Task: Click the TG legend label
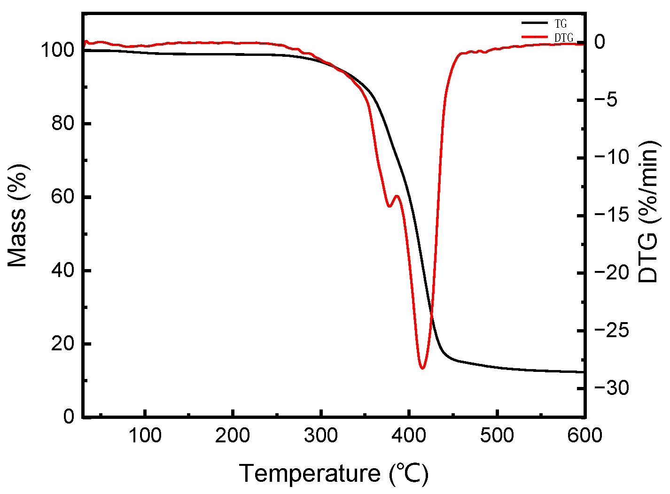[x=561, y=24]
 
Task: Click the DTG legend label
[x=563, y=38]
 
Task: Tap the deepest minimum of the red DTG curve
[x=422, y=368]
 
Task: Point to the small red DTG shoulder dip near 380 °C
[x=389, y=206]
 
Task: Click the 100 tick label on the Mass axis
[x=57, y=50]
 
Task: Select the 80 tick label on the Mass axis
[x=63, y=124]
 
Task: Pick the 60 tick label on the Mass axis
[x=63, y=197]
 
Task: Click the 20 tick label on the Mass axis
[x=63, y=344]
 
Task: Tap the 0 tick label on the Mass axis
[x=69, y=417]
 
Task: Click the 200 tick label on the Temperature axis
[x=233, y=436]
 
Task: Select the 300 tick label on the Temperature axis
[x=321, y=436]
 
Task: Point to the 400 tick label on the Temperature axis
[x=409, y=436]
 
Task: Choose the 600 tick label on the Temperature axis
[x=584, y=436]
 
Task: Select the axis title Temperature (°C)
[x=334, y=473]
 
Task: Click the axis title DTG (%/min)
[x=649, y=211]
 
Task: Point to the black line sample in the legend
[x=535, y=23]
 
